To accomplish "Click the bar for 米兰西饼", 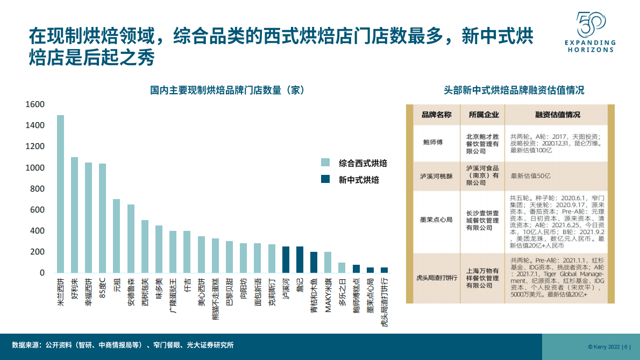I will coord(61,194).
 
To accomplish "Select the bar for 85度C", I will coord(103,218).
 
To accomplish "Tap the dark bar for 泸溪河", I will coord(286,259).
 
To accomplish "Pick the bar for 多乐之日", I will coord(342,267).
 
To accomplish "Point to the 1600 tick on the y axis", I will coord(35,104).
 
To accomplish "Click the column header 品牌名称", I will coord(436,115).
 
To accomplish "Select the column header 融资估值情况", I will coord(558,115).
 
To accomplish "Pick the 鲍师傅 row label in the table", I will coord(432,143).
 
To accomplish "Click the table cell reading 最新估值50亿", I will coord(530,176).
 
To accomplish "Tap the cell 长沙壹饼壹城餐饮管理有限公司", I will coord(482,220).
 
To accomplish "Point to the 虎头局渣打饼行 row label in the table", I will coord(436,278).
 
